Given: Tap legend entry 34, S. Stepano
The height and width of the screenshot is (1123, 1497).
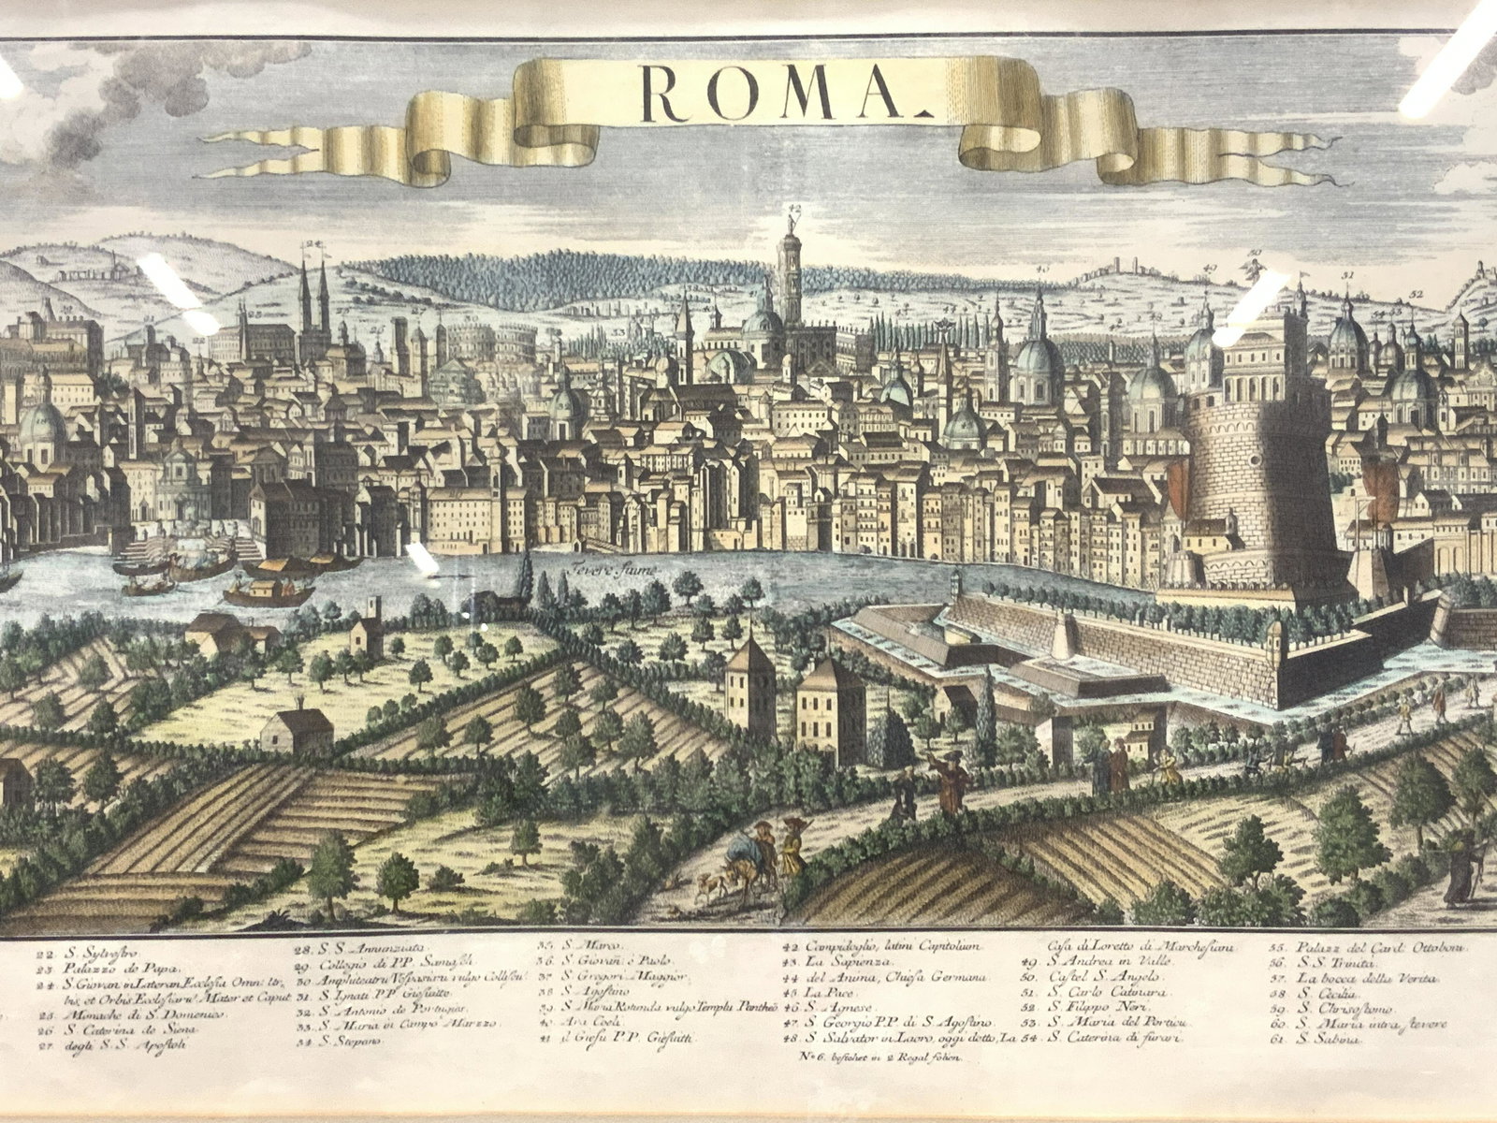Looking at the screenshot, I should tap(351, 1041).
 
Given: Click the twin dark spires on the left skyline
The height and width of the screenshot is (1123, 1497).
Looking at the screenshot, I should tap(313, 295).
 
